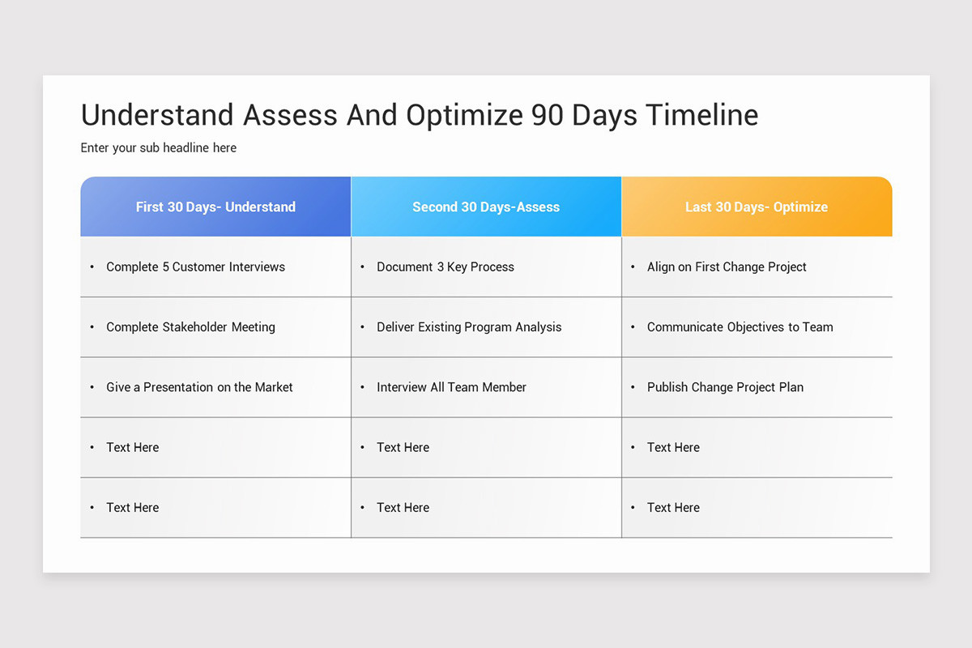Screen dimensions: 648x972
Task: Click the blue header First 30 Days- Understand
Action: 215,207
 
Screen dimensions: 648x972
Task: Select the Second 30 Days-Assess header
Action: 486,207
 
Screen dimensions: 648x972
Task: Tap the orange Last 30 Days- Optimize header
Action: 757,207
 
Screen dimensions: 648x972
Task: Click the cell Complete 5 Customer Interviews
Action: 195,266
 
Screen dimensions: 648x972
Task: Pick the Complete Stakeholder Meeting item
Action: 190,327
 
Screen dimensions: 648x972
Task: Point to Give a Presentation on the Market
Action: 199,387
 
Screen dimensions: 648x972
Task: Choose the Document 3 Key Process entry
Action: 446,266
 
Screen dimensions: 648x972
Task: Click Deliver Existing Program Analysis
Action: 469,327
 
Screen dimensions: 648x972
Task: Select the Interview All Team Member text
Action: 451,387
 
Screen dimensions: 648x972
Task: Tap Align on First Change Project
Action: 727,266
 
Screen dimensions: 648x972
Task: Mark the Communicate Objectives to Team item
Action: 740,327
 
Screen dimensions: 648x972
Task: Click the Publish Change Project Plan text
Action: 725,387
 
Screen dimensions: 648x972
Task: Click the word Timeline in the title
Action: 701,115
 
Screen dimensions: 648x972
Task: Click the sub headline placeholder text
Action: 159,147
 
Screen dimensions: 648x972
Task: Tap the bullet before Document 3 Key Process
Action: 363,267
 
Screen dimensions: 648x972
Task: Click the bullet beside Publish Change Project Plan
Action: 633,388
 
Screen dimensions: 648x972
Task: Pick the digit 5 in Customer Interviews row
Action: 165,266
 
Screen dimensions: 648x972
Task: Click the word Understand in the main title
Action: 157,115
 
